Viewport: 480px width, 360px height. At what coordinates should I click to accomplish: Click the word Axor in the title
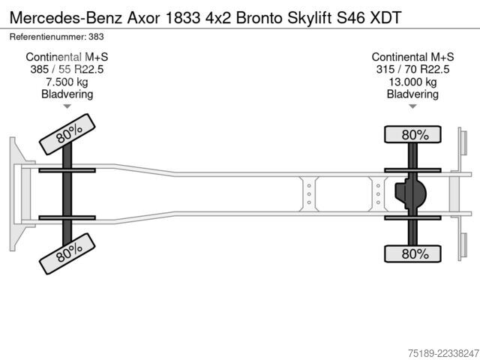(143, 18)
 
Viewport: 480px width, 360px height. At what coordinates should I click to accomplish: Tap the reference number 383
(96, 37)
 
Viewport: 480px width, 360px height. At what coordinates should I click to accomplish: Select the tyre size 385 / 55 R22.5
(67, 70)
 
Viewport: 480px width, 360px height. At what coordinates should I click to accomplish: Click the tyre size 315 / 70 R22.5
(412, 70)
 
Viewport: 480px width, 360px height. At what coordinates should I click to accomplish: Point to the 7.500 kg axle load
(67, 82)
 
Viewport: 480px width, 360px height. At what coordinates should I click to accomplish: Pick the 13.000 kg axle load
(412, 82)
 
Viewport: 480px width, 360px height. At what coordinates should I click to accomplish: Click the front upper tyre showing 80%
(67, 134)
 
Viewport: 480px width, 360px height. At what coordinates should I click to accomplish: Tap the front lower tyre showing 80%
(67, 253)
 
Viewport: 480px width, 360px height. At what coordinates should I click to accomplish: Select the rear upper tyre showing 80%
(412, 134)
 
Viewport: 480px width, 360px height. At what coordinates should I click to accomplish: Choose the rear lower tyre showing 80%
(412, 253)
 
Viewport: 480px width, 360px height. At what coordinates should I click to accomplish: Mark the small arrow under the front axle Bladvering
(67, 106)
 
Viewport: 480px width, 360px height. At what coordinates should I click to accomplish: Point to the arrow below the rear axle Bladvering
(412, 106)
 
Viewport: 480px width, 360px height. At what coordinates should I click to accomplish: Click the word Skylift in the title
(309, 18)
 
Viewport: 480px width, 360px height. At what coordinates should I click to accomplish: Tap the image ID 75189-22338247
(443, 353)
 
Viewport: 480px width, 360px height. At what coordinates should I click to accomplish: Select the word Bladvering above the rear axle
(412, 94)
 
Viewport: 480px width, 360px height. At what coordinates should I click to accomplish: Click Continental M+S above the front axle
(67, 57)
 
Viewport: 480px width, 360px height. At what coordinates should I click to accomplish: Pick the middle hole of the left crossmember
(309, 194)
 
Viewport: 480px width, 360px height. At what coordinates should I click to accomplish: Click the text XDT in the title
(385, 18)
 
